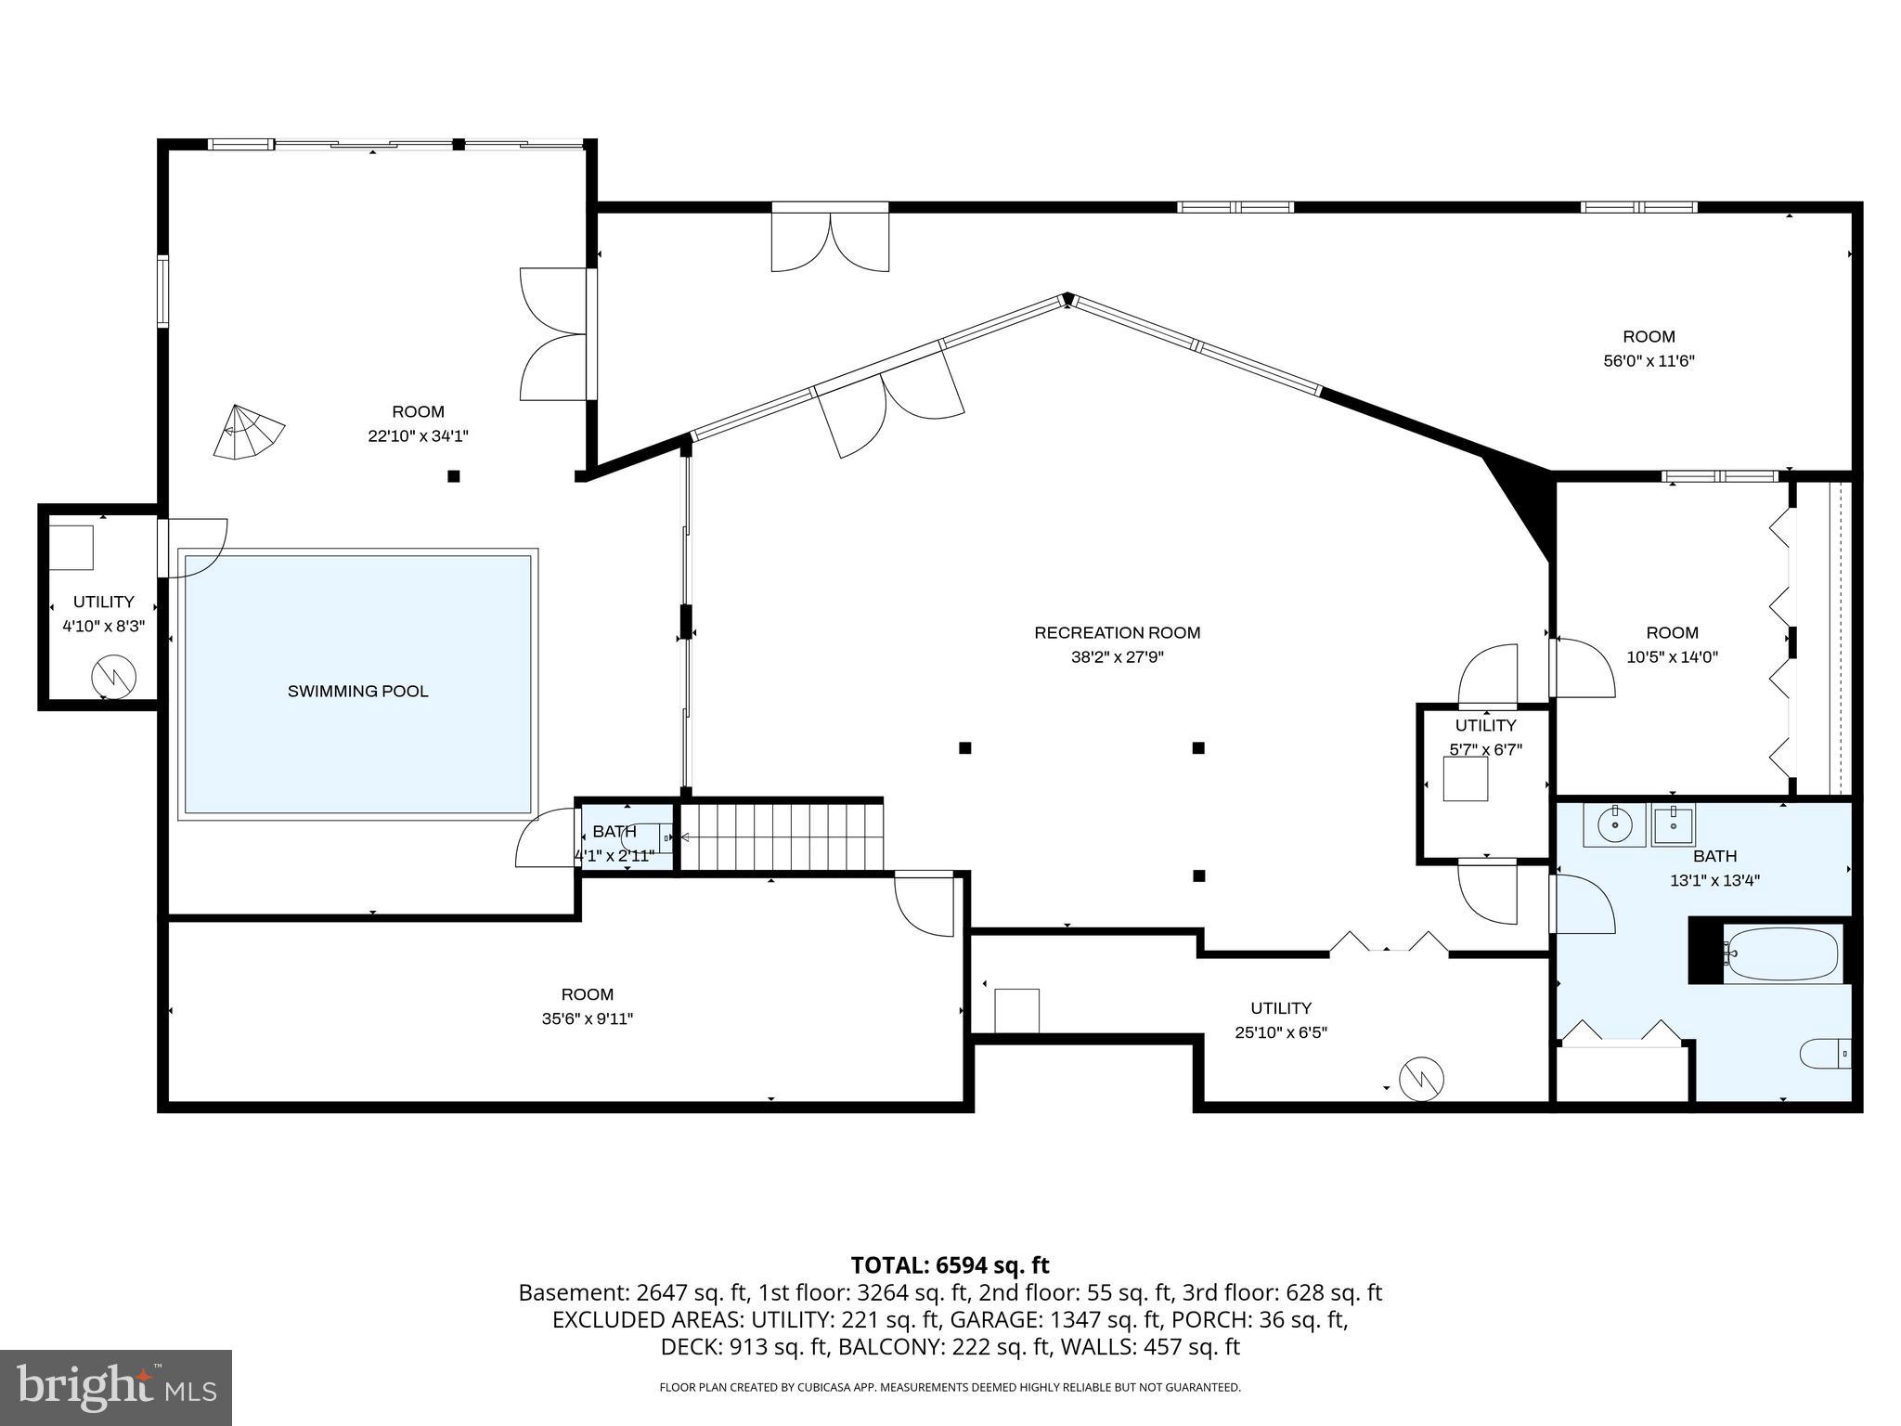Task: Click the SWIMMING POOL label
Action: point(357,691)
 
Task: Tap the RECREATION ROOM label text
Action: point(1117,633)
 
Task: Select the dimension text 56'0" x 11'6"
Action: point(1649,361)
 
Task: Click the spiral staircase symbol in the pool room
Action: point(247,433)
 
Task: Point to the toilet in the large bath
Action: point(1825,1054)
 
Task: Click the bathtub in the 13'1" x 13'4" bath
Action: point(1782,953)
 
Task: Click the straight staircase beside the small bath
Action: point(782,836)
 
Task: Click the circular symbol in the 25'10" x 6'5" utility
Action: point(1421,1079)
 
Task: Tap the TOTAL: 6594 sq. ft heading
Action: point(950,1264)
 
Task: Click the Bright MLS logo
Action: point(115,1387)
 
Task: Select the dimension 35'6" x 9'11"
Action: point(587,1018)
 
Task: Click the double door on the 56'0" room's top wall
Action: point(830,240)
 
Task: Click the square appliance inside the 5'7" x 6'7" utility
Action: point(1465,778)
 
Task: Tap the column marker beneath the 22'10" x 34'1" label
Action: point(453,476)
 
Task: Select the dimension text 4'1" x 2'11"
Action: point(614,855)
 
